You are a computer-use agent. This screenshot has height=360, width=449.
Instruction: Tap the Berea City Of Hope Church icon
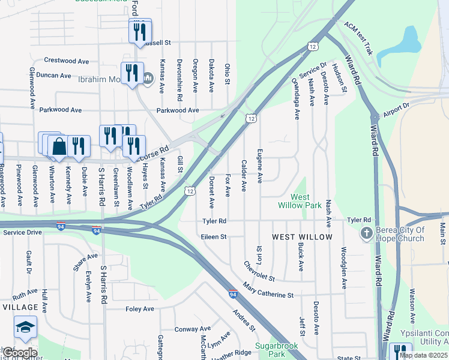tap(366, 233)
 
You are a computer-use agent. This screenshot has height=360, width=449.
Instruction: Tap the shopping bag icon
tap(59, 146)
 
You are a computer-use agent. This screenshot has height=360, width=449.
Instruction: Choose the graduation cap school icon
tap(25, 328)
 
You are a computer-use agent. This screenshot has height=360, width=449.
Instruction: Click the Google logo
tap(19, 353)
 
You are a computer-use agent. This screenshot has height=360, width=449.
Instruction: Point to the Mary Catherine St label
tap(268, 291)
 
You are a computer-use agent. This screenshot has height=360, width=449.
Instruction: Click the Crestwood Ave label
tap(67, 61)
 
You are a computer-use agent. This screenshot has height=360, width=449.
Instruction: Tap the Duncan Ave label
tap(53, 76)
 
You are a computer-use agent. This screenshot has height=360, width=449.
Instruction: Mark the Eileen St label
tap(214, 237)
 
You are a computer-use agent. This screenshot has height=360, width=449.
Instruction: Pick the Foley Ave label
tap(140, 309)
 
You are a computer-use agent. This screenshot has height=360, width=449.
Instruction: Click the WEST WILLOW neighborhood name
tap(302, 237)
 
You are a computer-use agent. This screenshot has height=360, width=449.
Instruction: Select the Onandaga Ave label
tap(295, 98)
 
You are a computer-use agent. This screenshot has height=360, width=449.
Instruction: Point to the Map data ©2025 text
tap(424, 355)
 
